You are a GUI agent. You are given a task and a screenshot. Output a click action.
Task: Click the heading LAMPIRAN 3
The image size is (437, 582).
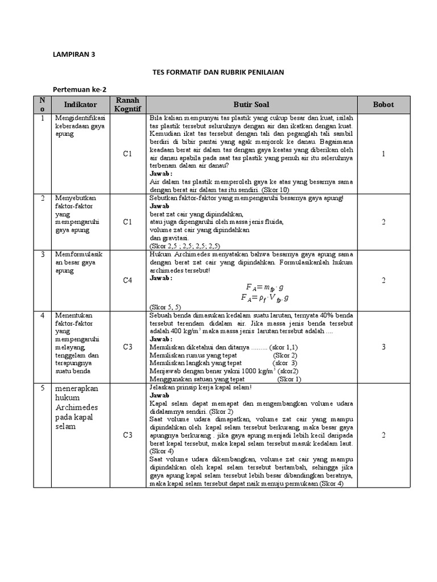74,55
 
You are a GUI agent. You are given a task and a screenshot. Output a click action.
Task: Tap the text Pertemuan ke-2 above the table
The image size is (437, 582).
79,90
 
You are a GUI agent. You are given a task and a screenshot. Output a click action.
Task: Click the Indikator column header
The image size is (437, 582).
81,105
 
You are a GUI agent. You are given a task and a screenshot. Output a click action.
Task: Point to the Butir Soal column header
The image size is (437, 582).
251,105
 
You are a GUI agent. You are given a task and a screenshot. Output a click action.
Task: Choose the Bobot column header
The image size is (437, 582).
383,105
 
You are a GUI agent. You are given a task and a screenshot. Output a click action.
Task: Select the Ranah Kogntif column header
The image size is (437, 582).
127,105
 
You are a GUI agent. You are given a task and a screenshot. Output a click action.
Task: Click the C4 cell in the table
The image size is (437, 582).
127,280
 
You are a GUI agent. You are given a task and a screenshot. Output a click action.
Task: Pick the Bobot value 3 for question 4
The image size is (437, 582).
384,346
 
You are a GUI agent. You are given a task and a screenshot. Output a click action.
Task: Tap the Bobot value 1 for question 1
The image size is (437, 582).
384,153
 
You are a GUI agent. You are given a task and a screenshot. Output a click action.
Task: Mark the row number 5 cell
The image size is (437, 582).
42,388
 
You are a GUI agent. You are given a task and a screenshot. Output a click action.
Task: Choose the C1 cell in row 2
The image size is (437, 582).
127,222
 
